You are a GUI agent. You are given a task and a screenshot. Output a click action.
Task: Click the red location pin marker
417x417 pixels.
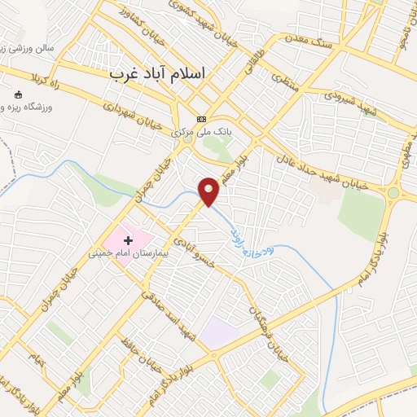pyautogui.click(x=209, y=191)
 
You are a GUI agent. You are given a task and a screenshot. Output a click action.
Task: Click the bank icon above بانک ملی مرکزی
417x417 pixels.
pyautogui.click(x=201, y=119)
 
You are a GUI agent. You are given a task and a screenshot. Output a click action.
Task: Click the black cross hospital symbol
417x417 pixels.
pyautogui.click(x=128, y=240)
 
